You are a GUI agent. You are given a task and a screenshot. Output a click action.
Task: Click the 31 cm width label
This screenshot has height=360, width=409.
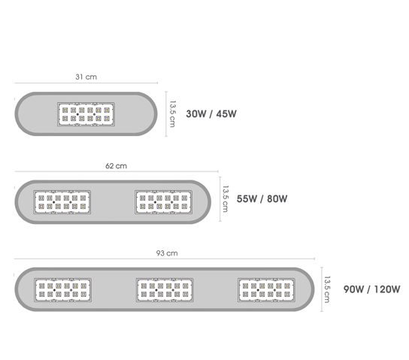tap(86, 77)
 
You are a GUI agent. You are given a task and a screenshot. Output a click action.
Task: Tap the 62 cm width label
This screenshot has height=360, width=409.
tap(116, 166)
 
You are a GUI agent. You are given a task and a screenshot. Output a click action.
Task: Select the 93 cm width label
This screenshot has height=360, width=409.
tap(167, 253)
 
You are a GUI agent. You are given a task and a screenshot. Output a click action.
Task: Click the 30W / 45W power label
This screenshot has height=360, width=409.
tap(211, 114)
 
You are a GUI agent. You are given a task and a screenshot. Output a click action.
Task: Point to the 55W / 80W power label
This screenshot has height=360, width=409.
tap(262, 199)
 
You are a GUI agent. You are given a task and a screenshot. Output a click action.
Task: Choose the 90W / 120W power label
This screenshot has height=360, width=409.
tap(371, 289)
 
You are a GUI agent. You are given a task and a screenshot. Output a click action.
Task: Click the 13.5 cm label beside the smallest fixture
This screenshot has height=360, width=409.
tap(172, 114)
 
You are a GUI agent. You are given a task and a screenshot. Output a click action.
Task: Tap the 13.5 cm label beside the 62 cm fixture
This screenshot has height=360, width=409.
tap(226, 199)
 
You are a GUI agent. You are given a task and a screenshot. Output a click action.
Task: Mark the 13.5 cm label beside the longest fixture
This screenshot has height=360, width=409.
tap(327, 289)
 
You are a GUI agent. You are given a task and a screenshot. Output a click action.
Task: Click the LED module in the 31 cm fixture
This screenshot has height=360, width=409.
tap(86, 114)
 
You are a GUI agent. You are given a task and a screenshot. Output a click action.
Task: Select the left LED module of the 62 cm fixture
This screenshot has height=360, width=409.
tap(62, 202)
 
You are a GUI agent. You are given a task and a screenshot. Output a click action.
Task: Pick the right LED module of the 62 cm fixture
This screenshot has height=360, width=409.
tap(164, 202)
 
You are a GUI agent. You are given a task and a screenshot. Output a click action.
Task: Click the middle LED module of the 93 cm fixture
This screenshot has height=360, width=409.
tap(165, 290)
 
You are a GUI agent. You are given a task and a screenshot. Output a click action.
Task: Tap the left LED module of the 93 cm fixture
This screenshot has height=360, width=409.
tap(62, 290)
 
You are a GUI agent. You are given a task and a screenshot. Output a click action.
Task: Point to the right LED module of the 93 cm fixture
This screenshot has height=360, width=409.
tap(266, 290)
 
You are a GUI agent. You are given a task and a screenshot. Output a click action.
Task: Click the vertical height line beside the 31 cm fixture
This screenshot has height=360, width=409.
tap(166, 114)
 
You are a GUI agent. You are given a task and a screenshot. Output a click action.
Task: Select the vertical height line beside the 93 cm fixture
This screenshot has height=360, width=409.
tap(322, 289)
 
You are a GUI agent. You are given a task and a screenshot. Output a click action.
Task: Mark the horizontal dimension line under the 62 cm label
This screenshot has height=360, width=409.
tap(117, 171)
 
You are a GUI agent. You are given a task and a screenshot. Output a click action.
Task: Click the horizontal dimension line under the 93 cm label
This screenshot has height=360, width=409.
tap(165, 259)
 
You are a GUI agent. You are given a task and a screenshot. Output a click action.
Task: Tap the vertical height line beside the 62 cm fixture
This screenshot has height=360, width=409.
tap(220, 199)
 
